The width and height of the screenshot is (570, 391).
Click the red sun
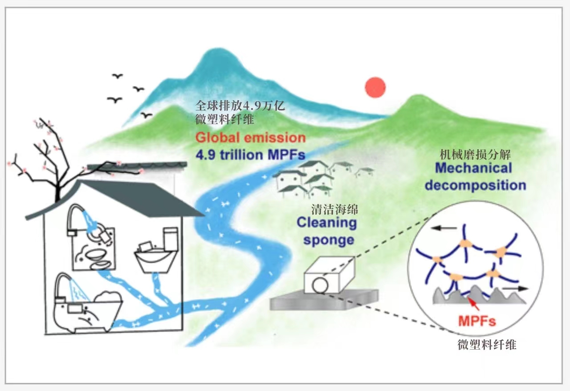click(x=375, y=87)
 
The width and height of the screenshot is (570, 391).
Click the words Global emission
click(x=251, y=138)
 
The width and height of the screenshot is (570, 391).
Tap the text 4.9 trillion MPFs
click(x=250, y=155)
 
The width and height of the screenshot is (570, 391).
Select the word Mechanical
click(x=473, y=168)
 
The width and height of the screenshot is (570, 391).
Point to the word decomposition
click(x=475, y=185)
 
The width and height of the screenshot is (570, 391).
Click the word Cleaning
click(x=327, y=223)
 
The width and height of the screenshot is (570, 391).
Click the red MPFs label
click(x=477, y=321)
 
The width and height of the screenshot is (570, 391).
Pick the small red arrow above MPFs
click(x=475, y=304)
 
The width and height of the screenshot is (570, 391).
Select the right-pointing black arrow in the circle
click(x=515, y=289)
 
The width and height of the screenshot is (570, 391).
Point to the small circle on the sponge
click(x=320, y=285)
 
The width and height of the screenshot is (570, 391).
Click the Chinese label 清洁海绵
click(x=334, y=210)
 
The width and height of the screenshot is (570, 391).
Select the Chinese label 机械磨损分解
click(x=475, y=155)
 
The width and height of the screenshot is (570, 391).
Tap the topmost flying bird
click(x=118, y=76)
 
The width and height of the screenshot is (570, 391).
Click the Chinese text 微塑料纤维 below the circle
click(x=487, y=345)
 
